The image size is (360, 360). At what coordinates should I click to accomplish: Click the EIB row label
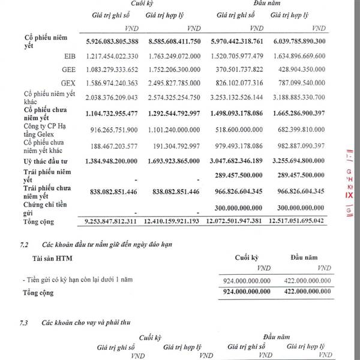(x=68, y=55)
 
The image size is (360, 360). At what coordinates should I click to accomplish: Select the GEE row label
(x=68, y=68)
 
